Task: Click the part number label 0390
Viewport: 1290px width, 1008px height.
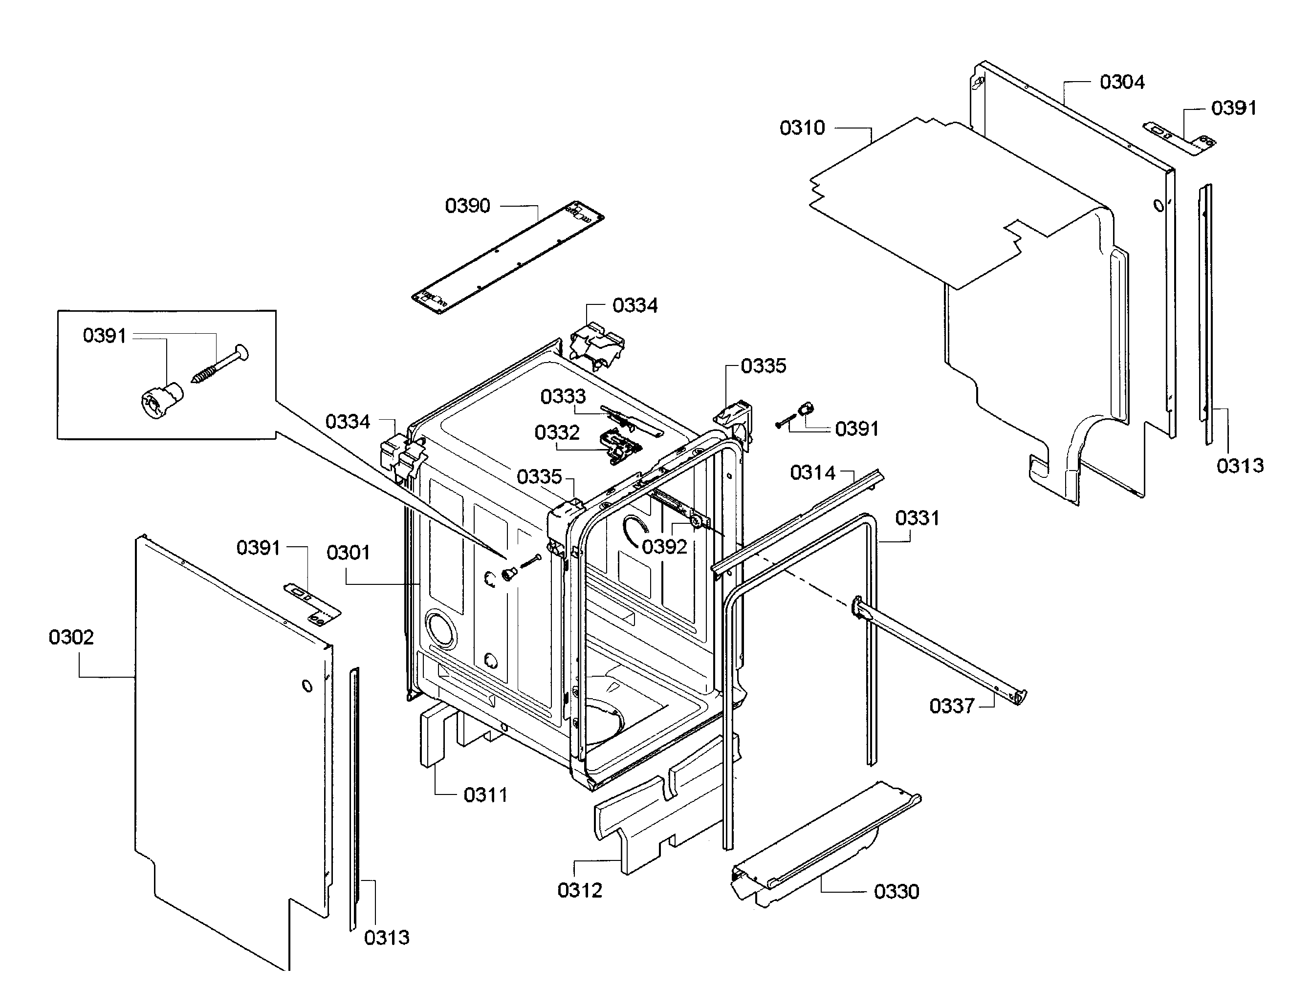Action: coord(467,206)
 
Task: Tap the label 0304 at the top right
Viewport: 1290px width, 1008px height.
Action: coord(1122,82)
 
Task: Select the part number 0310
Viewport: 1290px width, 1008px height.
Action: coord(802,128)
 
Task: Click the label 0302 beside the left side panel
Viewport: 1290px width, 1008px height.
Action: coord(71,637)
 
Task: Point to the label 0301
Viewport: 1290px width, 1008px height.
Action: coord(348,553)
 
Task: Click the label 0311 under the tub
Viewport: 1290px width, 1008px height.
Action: coord(485,795)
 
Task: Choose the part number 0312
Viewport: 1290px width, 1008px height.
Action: coord(579,890)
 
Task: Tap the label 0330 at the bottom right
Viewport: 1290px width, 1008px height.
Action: coord(896,891)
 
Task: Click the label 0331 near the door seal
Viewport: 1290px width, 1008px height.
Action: coord(917,518)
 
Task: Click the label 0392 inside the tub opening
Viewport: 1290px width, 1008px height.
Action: coord(664,547)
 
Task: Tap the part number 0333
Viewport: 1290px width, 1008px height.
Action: coord(563,396)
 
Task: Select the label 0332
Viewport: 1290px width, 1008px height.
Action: coord(556,432)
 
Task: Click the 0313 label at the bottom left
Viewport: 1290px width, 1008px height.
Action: coord(386,937)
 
